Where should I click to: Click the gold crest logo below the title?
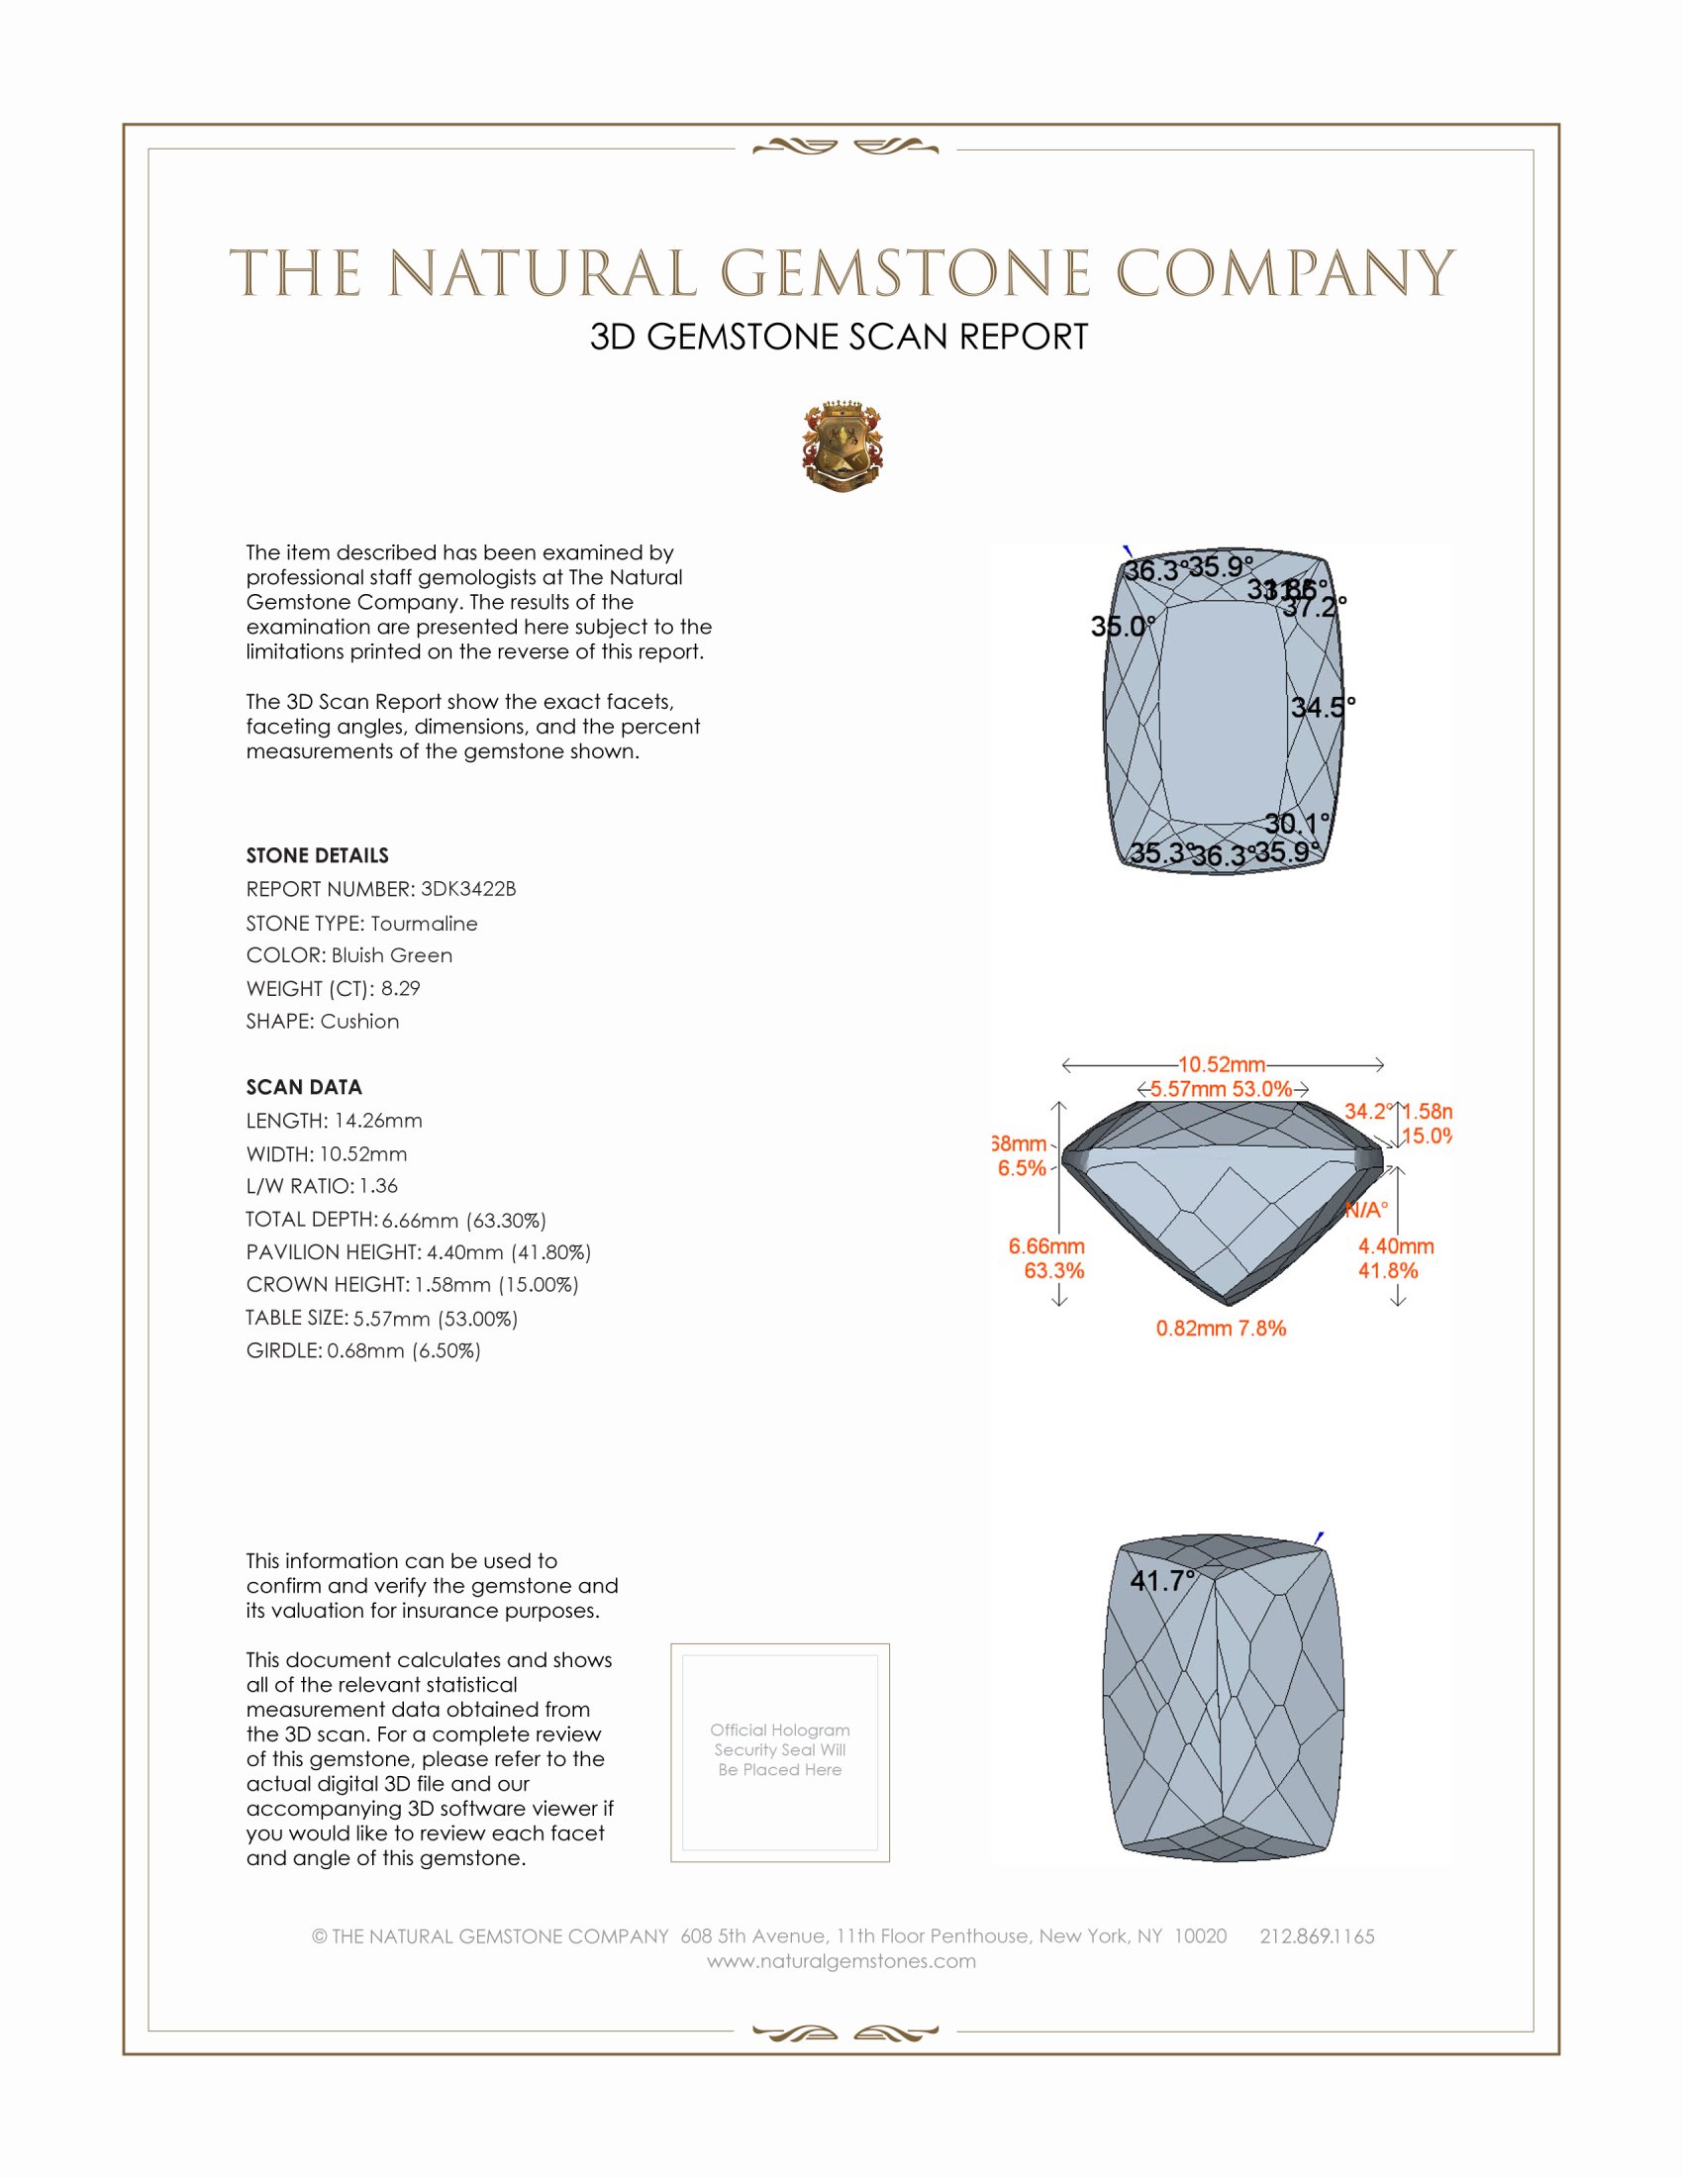click(842, 446)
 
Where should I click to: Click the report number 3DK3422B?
click(467, 889)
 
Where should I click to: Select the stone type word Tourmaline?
click(424, 924)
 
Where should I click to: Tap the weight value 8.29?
click(400, 988)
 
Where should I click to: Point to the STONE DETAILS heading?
click(317, 855)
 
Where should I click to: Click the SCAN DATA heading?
click(304, 1087)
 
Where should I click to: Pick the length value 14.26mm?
click(378, 1121)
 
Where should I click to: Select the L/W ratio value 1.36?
click(378, 1186)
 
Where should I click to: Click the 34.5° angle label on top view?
click(1322, 708)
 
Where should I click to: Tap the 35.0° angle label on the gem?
click(1122, 627)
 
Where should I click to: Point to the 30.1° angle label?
click(1296, 824)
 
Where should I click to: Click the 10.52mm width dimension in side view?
click(1222, 1065)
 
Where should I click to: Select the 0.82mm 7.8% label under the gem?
click(1221, 1329)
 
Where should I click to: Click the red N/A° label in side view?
click(1366, 1211)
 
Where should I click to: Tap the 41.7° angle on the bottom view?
click(1161, 1581)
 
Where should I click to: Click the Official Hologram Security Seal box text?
click(780, 1749)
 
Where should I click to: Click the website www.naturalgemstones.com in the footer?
click(841, 1961)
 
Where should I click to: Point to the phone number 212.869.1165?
click(1316, 1936)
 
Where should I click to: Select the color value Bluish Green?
click(392, 955)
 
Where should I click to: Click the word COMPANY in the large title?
click(1284, 273)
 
